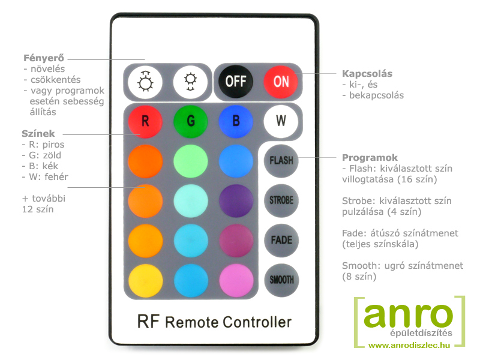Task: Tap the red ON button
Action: pos(281,82)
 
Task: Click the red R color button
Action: pos(145,121)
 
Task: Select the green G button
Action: pos(190,121)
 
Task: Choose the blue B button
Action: pos(236,121)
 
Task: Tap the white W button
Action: pos(281,121)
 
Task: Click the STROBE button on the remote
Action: pos(281,200)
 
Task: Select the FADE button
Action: pos(281,241)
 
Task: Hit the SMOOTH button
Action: pos(281,280)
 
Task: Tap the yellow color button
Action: pos(145,280)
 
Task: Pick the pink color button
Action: pos(236,280)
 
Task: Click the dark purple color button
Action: pos(236,201)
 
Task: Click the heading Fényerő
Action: pos(44,58)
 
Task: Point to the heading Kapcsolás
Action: pos(367,73)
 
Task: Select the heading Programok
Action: pos(370,158)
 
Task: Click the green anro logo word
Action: pos(408,316)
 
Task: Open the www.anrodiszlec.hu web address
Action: pos(409,346)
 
